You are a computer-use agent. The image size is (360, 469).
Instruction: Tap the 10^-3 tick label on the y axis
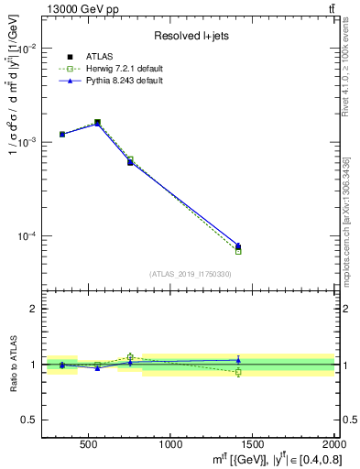click(27, 142)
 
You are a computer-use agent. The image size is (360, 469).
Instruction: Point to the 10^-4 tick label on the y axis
click(27, 236)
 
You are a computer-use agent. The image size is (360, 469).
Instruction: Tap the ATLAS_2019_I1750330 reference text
click(190, 274)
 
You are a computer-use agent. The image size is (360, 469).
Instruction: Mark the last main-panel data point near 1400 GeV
click(238, 246)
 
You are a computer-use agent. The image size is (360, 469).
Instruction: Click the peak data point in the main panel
click(97, 122)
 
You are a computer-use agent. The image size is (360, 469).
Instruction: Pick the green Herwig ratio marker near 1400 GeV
click(238, 372)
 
